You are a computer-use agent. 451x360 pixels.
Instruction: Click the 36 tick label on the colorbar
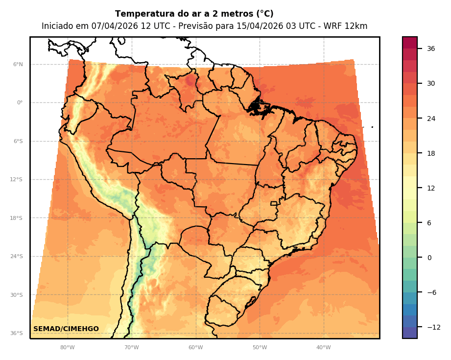(431, 48)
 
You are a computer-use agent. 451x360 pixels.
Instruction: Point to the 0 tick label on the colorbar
(429, 258)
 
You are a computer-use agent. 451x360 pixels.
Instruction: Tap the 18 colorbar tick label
(431, 153)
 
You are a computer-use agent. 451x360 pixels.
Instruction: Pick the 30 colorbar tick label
(431, 83)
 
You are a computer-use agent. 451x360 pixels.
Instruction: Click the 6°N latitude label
(18, 64)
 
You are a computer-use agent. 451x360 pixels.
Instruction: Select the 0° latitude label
(20, 103)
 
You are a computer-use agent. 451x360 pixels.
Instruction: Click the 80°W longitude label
(68, 348)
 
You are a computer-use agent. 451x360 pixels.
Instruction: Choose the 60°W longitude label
(195, 348)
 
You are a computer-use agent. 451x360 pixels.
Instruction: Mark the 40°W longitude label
(323, 348)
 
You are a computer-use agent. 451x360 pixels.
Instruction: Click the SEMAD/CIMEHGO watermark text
(66, 329)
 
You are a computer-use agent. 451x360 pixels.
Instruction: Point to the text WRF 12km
(348, 26)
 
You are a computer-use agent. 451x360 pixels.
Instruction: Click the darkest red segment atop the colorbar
(410, 43)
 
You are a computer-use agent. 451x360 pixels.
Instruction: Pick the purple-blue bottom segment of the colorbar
(410, 333)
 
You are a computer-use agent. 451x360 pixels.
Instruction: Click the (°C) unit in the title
(263, 14)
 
